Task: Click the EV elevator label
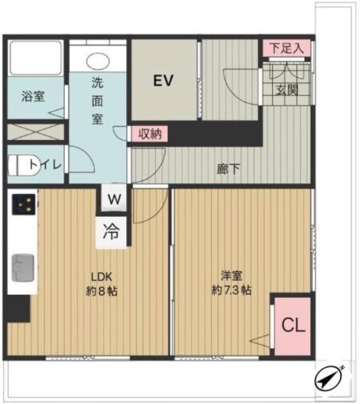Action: tap(163, 81)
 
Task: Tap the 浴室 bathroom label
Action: tap(33, 96)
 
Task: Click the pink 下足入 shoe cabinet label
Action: tap(287, 48)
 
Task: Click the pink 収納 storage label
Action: tap(149, 133)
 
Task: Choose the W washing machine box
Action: tap(114, 199)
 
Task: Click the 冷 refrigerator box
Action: tap(111, 232)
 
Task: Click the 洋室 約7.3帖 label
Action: tap(231, 283)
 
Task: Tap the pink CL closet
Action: tap(293, 327)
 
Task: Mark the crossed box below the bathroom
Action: tap(35, 131)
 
